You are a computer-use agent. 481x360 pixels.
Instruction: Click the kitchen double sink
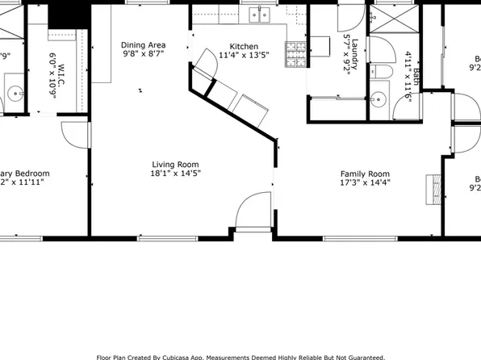[x=259, y=14]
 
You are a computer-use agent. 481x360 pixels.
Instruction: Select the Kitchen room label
[x=244, y=45]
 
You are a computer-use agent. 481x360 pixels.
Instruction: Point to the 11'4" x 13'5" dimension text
[x=244, y=57]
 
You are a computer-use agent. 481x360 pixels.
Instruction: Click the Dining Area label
[x=144, y=45]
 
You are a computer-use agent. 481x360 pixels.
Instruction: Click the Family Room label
[x=365, y=174]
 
